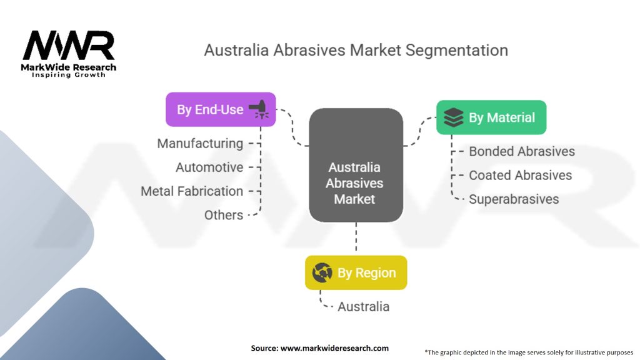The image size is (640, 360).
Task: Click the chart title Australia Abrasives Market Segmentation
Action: click(356, 50)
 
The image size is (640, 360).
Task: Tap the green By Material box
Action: click(491, 117)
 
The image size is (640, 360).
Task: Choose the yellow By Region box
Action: click(356, 272)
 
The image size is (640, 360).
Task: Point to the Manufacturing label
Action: click(200, 144)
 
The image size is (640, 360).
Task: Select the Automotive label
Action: click(209, 167)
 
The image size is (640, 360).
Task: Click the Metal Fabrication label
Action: click(192, 191)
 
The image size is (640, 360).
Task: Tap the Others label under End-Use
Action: click(224, 215)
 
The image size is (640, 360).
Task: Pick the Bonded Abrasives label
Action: click(522, 151)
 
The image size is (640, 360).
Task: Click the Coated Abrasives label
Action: click(520, 175)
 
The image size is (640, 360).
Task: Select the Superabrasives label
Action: click(514, 199)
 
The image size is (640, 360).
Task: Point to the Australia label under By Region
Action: click(363, 307)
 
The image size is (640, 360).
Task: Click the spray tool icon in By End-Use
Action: click(259, 110)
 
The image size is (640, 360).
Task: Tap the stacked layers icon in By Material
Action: click(454, 117)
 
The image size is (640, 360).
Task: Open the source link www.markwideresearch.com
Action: click(319, 348)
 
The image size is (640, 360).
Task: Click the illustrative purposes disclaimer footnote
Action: click(529, 352)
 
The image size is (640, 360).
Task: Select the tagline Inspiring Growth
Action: click(69, 76)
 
